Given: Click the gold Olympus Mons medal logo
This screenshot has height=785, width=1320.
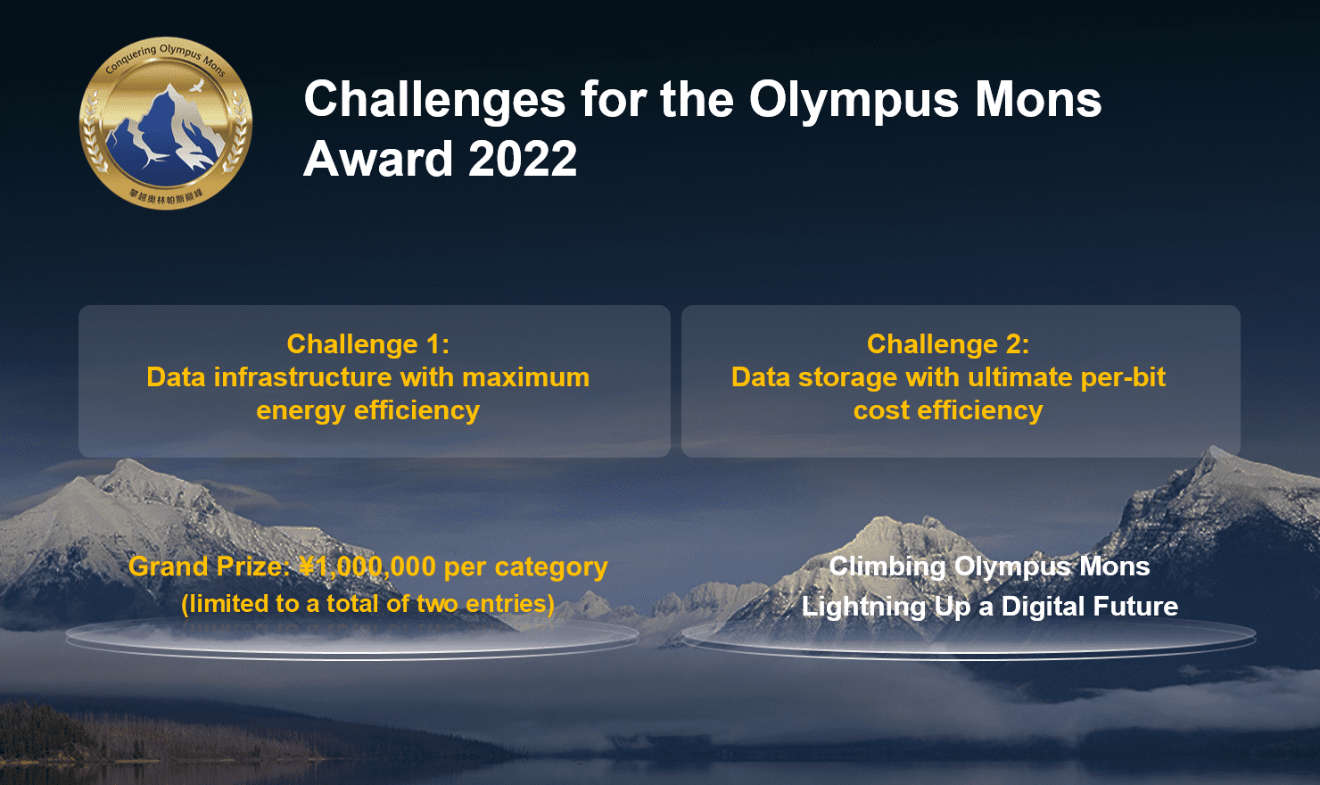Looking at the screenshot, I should (x=166, y=124).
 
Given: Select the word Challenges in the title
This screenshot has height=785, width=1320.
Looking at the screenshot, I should (x=434, y=99).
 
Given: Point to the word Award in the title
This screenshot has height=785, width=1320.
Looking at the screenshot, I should (x=378, y=160).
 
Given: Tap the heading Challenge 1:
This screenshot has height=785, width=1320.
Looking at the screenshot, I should (x=367, y=344).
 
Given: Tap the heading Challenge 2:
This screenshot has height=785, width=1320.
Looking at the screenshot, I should (x=947, y=344).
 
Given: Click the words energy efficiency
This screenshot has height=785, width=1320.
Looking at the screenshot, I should (x=367, y=410).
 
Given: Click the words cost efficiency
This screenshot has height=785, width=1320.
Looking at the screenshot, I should (x=947, y=410).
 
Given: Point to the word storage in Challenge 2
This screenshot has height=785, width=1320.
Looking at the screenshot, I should (x=847, y=377).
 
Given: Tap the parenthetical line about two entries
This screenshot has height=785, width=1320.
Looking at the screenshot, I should (x=367, y=604).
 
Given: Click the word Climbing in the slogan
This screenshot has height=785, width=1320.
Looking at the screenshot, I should (x=887, y=567).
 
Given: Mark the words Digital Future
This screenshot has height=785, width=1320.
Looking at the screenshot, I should (x=1089, y=607).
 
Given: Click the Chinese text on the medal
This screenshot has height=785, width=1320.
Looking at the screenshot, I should (x=166, y=197).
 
